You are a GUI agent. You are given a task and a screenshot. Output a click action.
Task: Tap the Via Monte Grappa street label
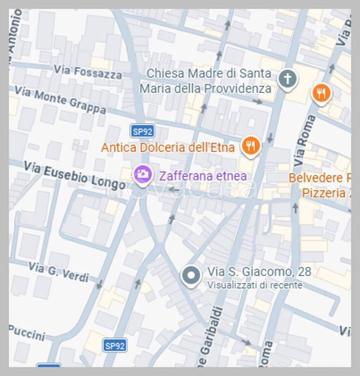60,100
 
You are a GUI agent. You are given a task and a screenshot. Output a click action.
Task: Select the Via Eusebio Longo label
75,175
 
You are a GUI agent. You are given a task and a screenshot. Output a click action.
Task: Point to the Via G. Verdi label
59,272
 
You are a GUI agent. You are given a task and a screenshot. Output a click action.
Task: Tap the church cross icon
287,79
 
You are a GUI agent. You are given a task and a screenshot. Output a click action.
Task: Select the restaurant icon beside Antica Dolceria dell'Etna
251,146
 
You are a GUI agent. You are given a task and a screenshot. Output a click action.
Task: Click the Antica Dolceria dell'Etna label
168,148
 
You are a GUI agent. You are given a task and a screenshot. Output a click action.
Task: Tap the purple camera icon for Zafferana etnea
143,174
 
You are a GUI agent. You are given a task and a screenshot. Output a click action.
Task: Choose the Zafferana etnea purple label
203,175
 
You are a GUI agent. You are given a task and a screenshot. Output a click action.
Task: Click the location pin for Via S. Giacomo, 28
191,275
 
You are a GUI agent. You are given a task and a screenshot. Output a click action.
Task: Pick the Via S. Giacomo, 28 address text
259,272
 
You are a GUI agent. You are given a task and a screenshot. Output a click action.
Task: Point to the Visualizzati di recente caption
254,285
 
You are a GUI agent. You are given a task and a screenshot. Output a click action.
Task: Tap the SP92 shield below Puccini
114,345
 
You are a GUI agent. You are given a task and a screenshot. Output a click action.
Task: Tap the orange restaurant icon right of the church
321,93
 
